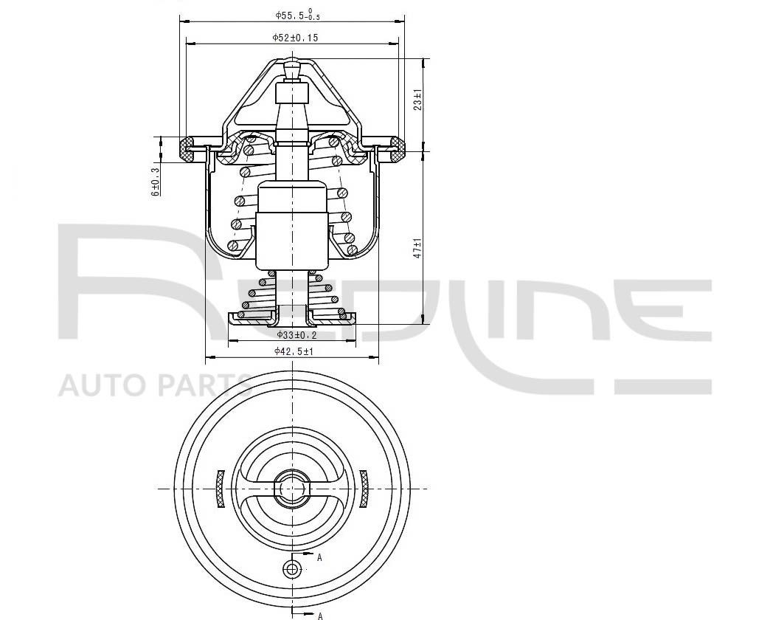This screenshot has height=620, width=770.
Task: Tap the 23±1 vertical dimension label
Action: (417, 100)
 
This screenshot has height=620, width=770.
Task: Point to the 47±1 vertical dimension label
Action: (417, 247)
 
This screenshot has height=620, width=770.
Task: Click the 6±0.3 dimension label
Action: (156, 182)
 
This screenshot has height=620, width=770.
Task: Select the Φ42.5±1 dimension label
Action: (294, 352)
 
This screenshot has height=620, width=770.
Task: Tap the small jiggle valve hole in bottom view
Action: (293, 568)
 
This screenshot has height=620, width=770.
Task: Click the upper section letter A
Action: (319, 558)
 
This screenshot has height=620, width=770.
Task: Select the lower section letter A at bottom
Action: (320, 615)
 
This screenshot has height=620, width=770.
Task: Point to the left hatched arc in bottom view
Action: (218, 489)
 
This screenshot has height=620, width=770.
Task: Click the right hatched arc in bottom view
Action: (364, 489)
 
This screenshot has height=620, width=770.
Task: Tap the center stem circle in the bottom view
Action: (292, 488)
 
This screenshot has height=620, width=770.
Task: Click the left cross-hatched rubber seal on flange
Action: (186, 149)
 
